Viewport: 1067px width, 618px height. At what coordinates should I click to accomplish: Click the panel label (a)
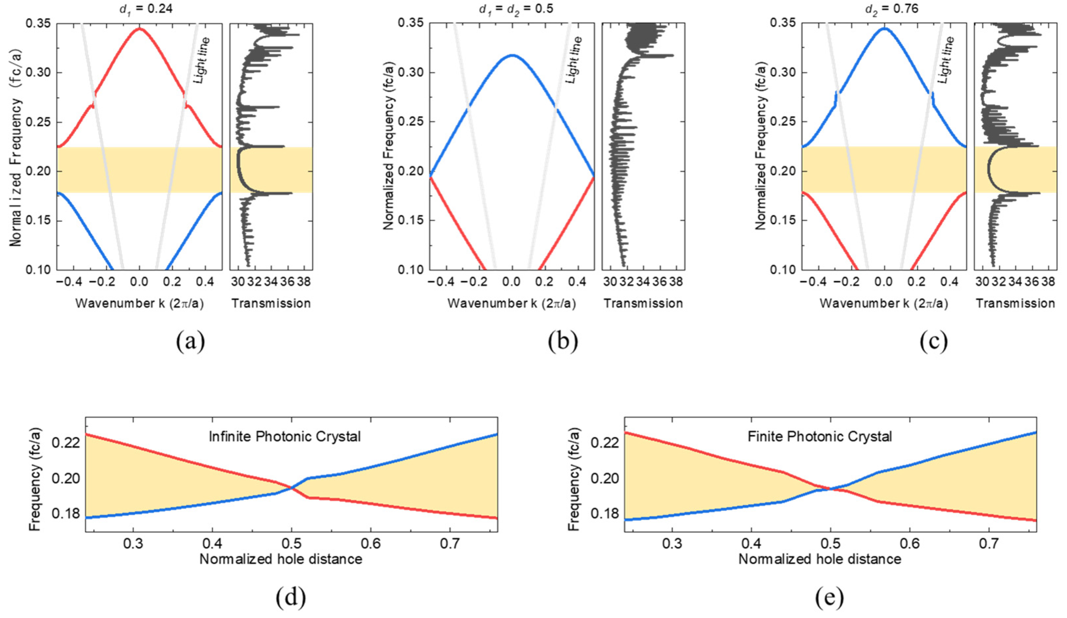[x=190, y=341]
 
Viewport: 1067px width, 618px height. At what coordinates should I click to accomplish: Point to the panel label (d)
[x=290, y=597]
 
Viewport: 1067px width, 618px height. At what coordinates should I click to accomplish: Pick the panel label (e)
[x=829, y=597]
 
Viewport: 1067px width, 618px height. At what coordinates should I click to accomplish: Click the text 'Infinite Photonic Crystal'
[x=285, y=436]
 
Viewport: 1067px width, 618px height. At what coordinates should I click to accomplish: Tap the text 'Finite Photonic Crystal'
[x=819, y=436]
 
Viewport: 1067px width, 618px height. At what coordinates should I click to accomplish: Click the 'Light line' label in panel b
[x=574, y=60]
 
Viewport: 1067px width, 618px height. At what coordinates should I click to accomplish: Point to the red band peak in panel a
[x=139, y=29]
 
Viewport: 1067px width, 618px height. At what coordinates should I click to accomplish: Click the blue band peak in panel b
[x=512, y=55]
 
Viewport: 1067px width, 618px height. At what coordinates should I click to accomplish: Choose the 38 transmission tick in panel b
[x=676, y=282]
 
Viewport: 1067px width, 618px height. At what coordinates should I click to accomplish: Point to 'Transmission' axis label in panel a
[x=271, y=304]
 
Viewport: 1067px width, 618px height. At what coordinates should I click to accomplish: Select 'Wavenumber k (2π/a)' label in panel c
[x=884, y=304]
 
